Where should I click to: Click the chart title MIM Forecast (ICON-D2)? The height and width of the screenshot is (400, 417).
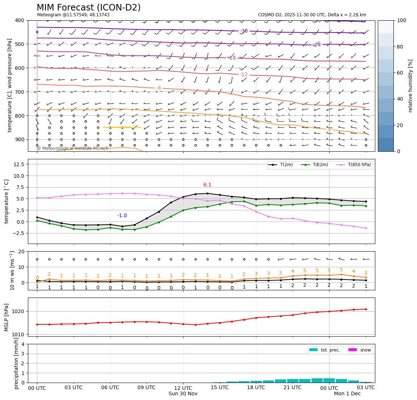coord(88,8)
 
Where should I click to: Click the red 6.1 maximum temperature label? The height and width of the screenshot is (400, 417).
coord(207,185)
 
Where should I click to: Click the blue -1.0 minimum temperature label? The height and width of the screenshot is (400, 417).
coord(122,216)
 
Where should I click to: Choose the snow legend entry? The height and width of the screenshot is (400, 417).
coord(365,350)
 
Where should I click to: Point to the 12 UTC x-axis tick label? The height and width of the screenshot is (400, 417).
coord(183,387)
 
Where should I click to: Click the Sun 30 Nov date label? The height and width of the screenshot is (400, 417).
coord(183,393)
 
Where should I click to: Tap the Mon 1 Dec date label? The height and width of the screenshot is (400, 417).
coord(347,393)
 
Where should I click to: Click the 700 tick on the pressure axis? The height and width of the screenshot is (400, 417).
coord(20,92)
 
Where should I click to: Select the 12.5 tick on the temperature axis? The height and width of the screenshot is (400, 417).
coord(18,164)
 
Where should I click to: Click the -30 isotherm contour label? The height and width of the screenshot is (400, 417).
coord(244,31)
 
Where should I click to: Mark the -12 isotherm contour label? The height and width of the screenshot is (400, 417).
coord(244,75)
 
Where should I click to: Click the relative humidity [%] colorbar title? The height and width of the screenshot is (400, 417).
coord(410,86)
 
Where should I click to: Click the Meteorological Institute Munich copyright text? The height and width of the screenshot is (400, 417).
coord(73,148)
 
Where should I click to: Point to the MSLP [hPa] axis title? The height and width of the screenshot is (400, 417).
coord(6,317)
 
